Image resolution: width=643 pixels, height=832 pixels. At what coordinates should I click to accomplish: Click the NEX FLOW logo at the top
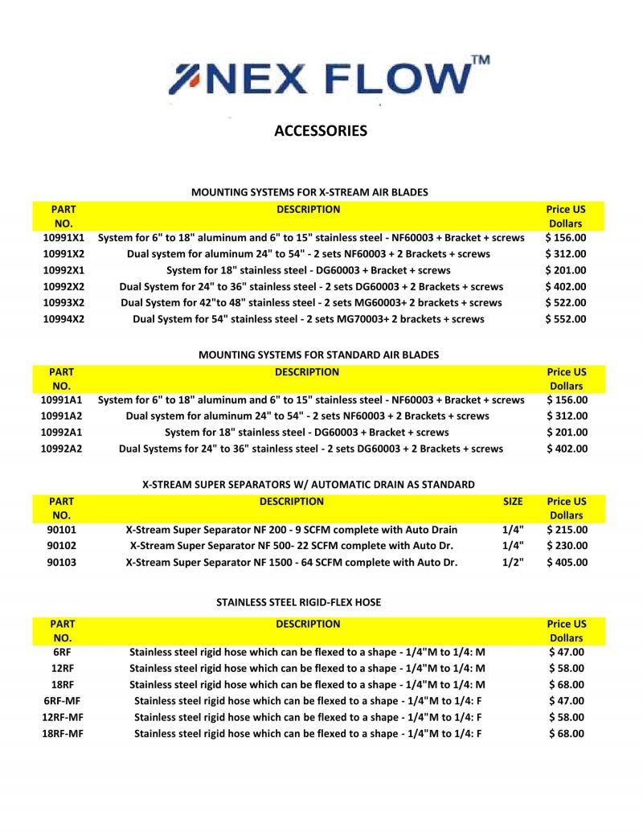(321, 79)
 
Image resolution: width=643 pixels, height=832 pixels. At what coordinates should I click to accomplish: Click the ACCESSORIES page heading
(321, 130)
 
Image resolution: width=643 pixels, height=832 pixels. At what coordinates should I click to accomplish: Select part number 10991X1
(63, 238)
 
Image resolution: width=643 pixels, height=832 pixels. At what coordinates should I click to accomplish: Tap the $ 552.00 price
(566, 319)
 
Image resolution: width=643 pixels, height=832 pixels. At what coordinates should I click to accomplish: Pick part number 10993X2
(63, 303)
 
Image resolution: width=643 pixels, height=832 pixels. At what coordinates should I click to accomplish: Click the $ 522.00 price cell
(566, 303)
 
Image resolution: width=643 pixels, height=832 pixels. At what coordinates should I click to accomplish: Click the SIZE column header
(513, 501)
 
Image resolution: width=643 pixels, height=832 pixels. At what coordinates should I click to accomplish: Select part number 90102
(62, 546)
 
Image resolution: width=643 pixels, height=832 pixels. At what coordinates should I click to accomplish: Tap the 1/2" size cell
(513, 562)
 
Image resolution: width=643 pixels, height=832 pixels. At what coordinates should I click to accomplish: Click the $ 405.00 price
(567, 562)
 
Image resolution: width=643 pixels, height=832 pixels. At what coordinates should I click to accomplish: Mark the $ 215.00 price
(567, 530)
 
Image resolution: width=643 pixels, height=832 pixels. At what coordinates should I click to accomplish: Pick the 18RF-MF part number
(63, 733)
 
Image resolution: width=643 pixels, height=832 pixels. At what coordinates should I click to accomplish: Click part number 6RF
(63, 652)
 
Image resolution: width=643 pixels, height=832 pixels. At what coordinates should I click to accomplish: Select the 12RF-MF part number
(63, 717)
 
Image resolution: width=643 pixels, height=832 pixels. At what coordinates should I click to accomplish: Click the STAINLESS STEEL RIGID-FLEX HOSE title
(298, 602)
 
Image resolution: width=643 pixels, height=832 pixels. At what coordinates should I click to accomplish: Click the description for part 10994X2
(309, 319)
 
